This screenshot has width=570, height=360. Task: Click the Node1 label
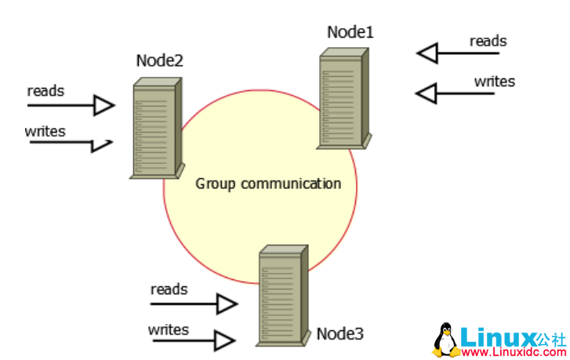click(x=350, y=32)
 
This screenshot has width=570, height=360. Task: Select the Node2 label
click(x=159, y=60)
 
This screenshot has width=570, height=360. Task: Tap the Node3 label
click(x=339, y=333)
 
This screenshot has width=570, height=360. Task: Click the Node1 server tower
click(x=344, y=98)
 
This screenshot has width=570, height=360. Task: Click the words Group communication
click(x=268, y=184)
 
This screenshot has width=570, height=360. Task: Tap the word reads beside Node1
click(x=488, y=41)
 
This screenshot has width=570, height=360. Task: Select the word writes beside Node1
click(x=494, y=81)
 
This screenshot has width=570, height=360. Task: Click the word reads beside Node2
click(x=45, y=90)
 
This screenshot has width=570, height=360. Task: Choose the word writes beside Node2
click(x=45, y=130)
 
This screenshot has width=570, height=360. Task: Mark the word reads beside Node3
click(x=169, y=289)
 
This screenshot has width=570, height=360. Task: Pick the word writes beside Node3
click(x=169, y=329)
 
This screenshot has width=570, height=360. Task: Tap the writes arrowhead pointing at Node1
click(x=426, y=93)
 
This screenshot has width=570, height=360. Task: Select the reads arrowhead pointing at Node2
click(x=104, y=104)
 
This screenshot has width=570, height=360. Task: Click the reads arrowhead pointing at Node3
click(x=227, y=304)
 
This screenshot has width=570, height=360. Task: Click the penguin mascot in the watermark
click(x=447, y=339)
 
